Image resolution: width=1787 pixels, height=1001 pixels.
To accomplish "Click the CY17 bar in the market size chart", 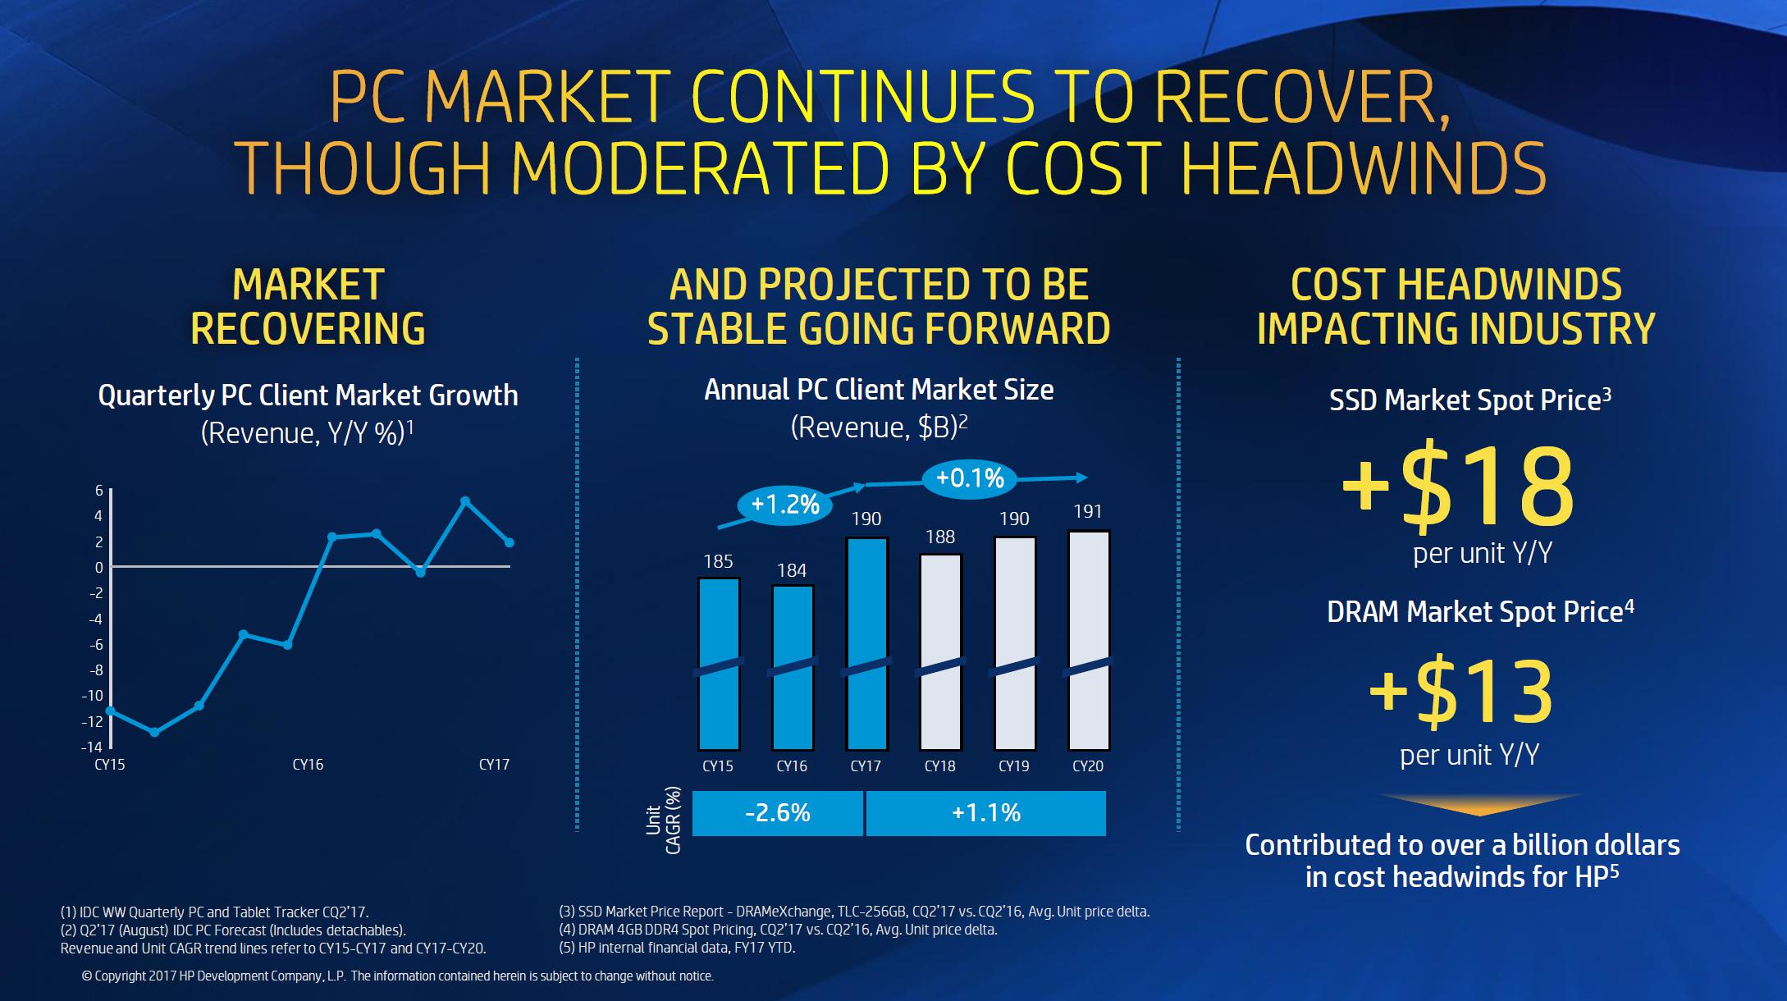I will (x=866, y=644).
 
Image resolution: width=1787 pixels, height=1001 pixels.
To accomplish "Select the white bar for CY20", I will (x=1088, y=640).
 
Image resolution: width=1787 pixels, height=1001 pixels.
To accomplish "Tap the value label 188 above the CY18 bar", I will (x=940, y=537).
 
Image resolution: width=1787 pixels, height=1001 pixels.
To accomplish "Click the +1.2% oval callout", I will (x=785, y=504).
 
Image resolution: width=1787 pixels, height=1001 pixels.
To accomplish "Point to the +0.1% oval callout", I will (x=970, y=478).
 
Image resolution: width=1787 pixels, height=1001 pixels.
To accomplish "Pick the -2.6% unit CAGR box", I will (x=777, y=813).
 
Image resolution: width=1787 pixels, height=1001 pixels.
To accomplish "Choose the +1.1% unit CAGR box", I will (x=985, y=813).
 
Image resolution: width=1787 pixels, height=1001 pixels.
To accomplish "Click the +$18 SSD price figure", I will (x=1457, y=486).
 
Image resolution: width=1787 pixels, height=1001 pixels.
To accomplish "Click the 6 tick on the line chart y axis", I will (x=99, y=491).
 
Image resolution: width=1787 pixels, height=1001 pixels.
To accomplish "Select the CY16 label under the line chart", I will (x=308, y=765).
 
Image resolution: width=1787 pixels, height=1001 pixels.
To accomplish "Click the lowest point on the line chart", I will (x=154, y=732).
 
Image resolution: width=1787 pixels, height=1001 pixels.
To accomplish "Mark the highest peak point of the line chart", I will (x=465, y=500).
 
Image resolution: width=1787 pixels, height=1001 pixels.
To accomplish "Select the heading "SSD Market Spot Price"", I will (x=1469, y=400).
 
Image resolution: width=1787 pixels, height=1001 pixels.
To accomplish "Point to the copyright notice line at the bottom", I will (x=398, y=976).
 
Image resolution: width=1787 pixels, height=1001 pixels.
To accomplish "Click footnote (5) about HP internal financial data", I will (x=677, y=948).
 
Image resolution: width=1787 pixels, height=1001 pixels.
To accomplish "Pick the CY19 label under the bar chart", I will (x=1013, y=766).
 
